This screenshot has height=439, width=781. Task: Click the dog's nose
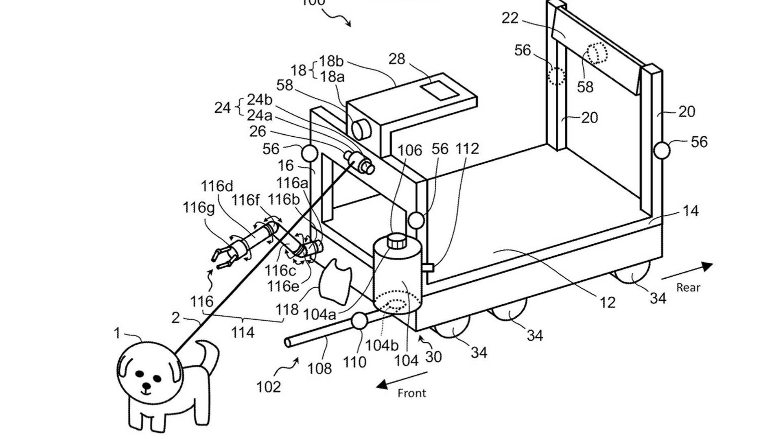click(145, 385)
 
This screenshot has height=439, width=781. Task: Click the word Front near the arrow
click(411, 393)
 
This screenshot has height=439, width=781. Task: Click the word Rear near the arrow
click(688, 287)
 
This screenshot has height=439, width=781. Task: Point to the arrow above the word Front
click(401, 378)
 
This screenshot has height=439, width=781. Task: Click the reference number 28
click(397, 59)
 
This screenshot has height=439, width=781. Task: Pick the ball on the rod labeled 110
click(360, 321)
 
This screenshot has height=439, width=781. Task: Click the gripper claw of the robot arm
click(223, 257)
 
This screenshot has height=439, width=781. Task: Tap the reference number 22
click(510, 18)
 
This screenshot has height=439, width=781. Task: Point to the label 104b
click(381, 345)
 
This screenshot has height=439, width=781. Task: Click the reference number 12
click(607, 302)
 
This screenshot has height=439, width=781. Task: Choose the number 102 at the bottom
click(269, 386)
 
